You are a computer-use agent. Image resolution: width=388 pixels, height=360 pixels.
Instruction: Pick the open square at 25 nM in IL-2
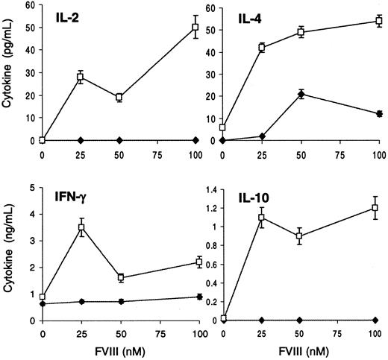(x=81, y=77)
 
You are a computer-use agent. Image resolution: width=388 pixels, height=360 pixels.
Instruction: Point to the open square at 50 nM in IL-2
(x=119, y=97)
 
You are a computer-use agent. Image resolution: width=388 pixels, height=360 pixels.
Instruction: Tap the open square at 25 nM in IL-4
(x=261, y=48)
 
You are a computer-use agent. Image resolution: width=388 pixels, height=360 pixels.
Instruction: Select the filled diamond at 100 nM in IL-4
(x=378, y=113)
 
